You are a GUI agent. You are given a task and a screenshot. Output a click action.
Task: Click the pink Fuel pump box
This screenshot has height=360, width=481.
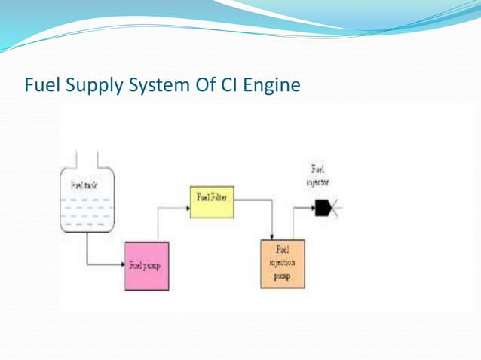(146, 266)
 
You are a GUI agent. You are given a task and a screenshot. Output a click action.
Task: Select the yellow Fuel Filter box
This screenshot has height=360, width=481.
(211, 200)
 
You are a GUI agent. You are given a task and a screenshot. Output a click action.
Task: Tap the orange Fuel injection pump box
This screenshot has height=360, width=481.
(283, 264)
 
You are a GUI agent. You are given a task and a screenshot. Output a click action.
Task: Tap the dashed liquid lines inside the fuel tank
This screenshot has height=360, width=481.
(86, 212)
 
